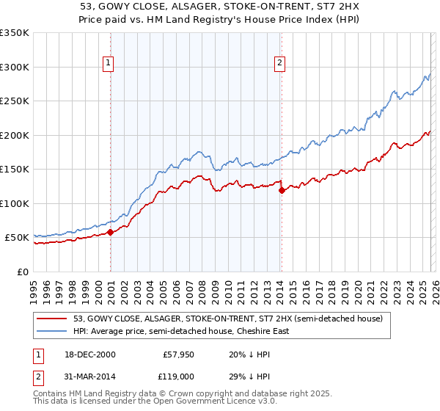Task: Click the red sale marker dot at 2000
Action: click(110, 232)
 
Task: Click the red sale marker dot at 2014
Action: click(282, 191)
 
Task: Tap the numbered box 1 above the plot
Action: click(108, 64)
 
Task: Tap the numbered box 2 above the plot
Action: click(279, 64)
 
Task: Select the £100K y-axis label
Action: click(15, 203)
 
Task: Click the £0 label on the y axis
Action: click(22, 272)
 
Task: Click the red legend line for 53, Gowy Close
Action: click(53, 319)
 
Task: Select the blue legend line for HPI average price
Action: click(53, 331)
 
